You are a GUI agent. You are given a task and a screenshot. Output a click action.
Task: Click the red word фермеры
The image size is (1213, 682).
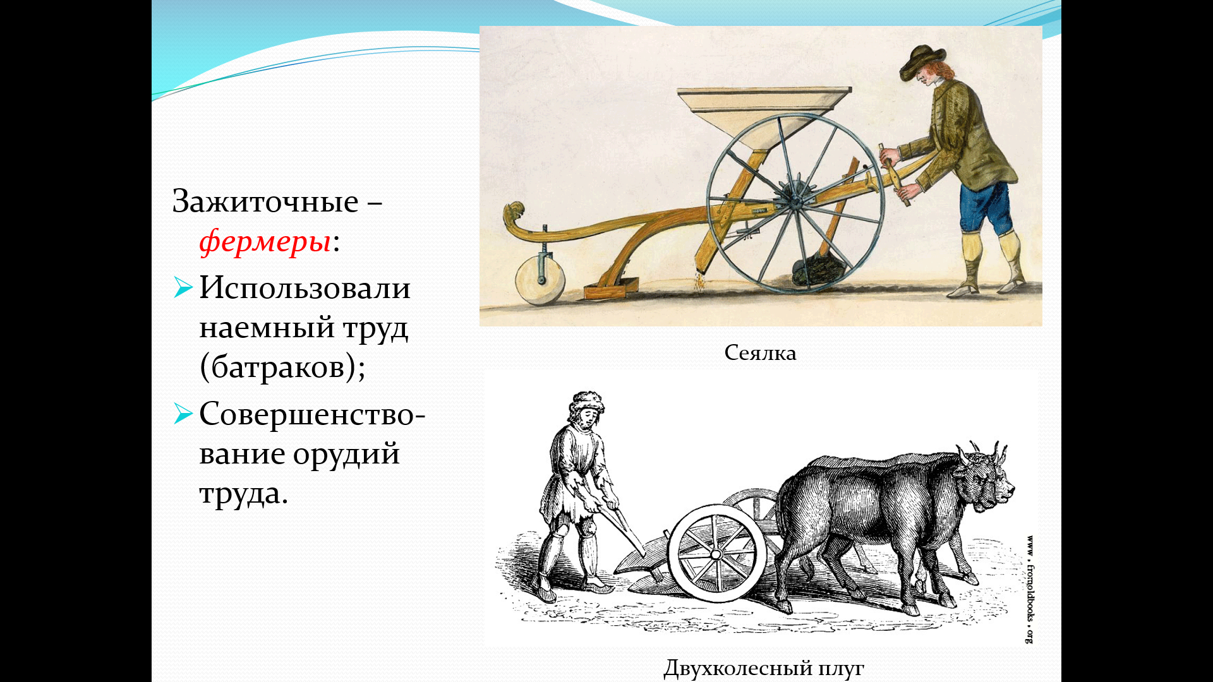click(265, 241)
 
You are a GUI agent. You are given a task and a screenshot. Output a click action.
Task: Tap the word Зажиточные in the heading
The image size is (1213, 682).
click(265, 201)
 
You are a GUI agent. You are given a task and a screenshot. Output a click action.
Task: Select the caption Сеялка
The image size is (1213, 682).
click(760, 352)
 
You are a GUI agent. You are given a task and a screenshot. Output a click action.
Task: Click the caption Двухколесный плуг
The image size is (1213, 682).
click(764, 667)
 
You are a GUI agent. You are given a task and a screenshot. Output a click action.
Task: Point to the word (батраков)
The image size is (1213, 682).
click(282, 367)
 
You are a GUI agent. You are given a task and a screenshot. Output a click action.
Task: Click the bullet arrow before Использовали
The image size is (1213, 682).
click(183, 287)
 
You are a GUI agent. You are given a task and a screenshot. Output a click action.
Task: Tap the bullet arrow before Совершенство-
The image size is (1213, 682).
click(183, 414)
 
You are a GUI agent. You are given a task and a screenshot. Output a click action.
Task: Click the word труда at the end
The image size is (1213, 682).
click(243, 493)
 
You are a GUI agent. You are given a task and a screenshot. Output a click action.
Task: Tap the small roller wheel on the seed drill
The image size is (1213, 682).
click(540, 281)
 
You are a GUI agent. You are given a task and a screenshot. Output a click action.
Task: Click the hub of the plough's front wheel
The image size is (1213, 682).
click(716, 554)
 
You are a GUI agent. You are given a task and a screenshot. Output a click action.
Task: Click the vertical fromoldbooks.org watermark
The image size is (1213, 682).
click(1029, 590)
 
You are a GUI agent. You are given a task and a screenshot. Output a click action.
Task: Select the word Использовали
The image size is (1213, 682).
click(305, 288)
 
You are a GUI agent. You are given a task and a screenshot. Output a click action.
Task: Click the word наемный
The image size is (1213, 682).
click(267, 328)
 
